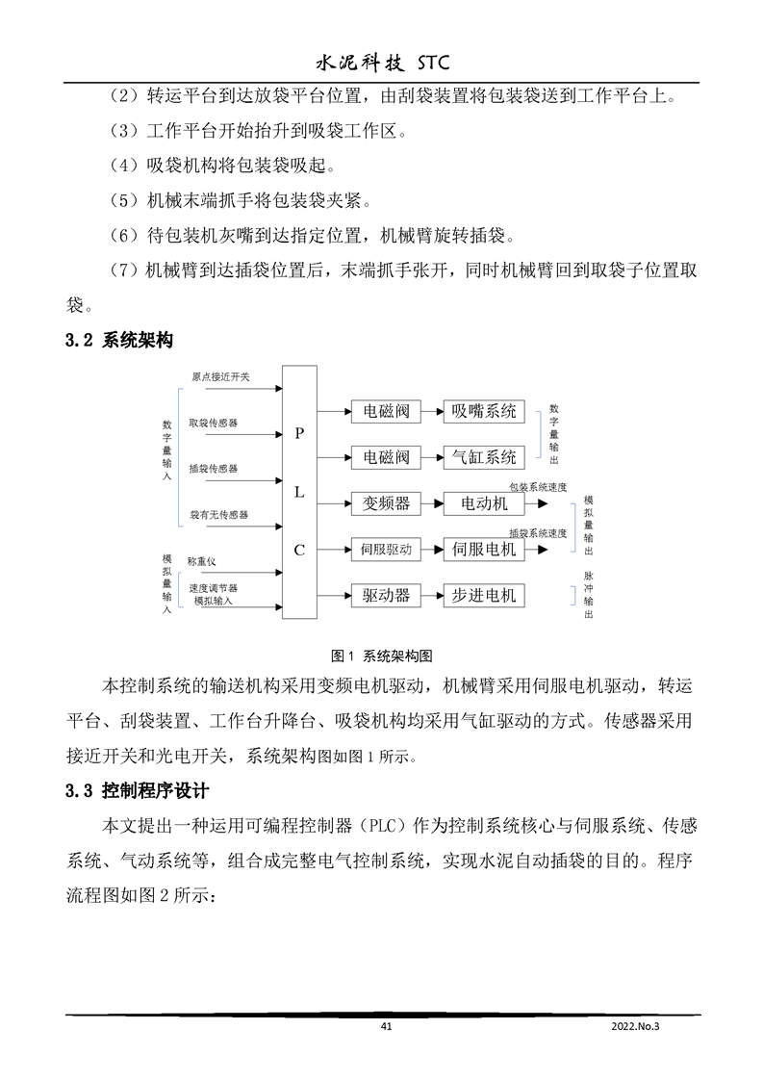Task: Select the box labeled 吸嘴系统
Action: (x=484, y=411)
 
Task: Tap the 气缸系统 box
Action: (x=484, y=456)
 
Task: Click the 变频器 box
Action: (x=386, y=503)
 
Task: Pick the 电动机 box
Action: (x=484, y=503)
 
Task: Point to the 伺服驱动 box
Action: (x=386, y=550)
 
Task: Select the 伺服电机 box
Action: (x=484, y=550)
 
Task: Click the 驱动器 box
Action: (x=386, y=595)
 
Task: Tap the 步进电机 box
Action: (x=484, y=595)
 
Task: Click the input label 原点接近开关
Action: (x=219, y=376)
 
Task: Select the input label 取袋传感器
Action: (x=214, y=423)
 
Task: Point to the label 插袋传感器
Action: (x=214, y=469)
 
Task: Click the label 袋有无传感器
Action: (x=218, y=515)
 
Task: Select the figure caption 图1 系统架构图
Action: (x=381, y=656)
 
